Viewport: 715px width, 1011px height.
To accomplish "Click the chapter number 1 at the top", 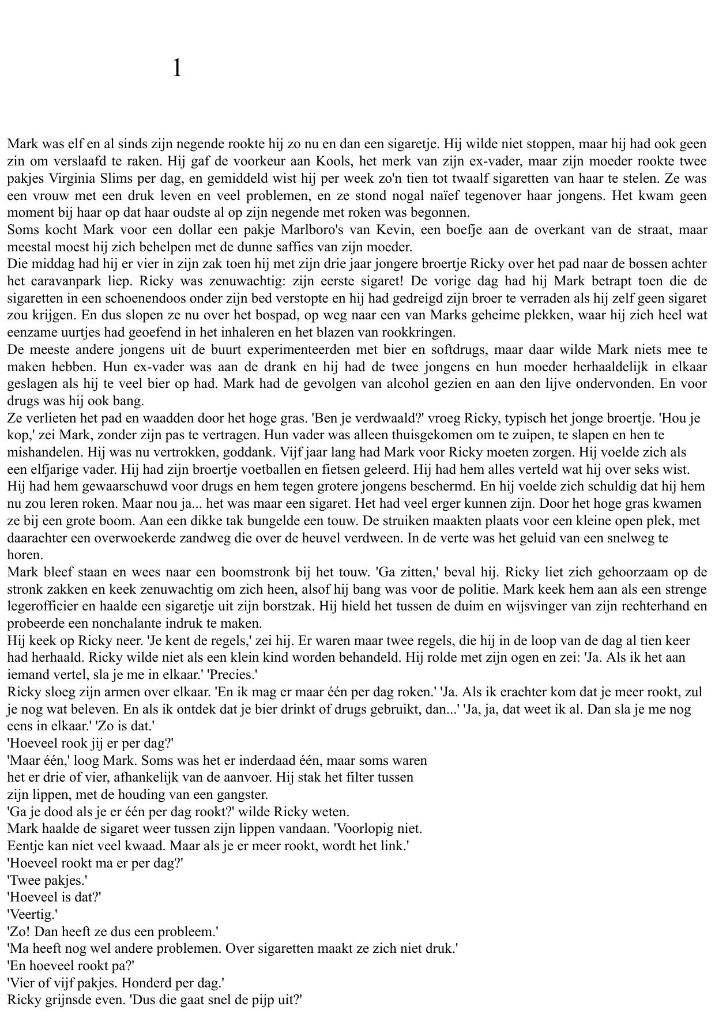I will pyautogui.click(x=177, y=69).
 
